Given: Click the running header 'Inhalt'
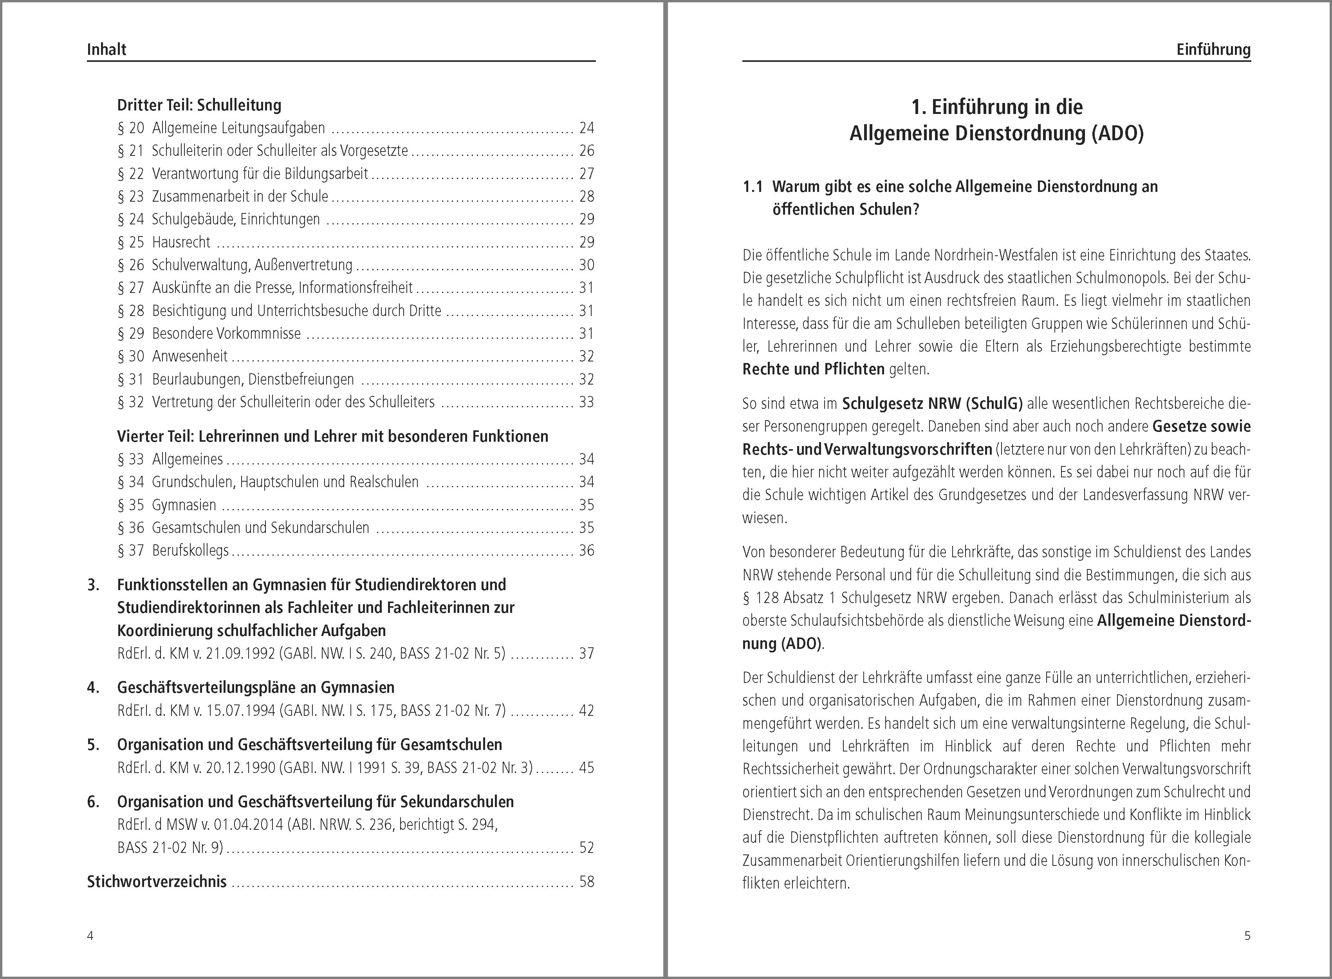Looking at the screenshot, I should pyautogui.click(x=106, y=49).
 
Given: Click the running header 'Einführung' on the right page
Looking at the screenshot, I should pyautogui.click(x=1213, y=49).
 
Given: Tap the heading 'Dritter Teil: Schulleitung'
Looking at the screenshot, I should pyautogui.click(x=199, y=105).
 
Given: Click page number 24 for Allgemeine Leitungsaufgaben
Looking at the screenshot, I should pyautogui.click(x=587, y=128).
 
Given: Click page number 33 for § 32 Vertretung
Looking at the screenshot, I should pyautogui.click(x=587, y=402).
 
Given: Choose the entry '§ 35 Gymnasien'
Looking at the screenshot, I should pyautogui.click(x=167, y=505).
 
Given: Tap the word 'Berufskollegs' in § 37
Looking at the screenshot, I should pyautogui.click(x=190, y=551).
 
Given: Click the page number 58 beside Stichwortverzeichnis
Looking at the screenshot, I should pyautogui.click(x=587, y=882).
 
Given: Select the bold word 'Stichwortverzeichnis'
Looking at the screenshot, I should pyautogui.click(x=157, y=882).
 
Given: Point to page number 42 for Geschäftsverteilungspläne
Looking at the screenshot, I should pyautogui.click(x=587, y=710).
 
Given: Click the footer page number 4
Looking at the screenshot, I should pyautogui.click(x=90, y=936).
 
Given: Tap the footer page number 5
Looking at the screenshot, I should pyautogui.click(x=1247, y=936).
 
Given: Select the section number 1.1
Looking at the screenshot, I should pyautogui.click(x=753, y=187).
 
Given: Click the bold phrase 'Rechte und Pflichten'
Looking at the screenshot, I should pyautogui.click(x=813, y=369).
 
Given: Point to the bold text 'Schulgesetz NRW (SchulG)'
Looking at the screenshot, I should pyautogui.click(x=932, y=404).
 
